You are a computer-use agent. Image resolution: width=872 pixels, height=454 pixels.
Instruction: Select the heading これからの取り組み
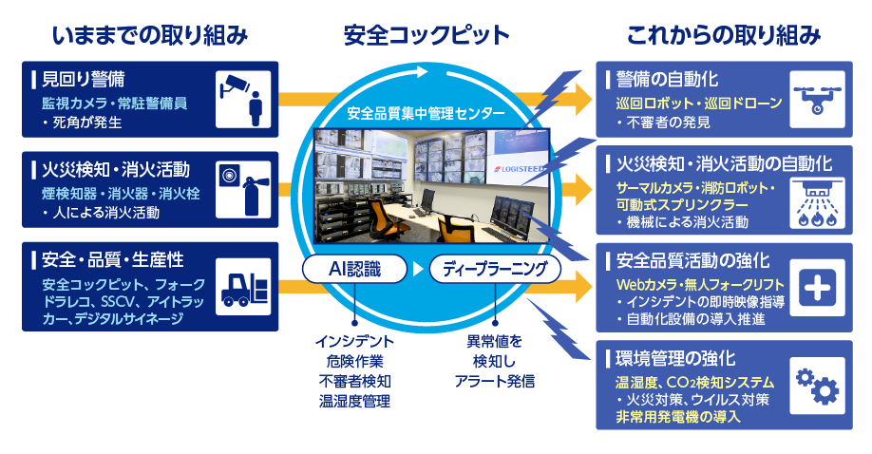tap(723, 35)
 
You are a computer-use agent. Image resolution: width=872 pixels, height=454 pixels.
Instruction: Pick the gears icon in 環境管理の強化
tap(815, 388)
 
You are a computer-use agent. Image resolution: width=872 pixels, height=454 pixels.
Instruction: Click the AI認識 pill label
tap(354, 269)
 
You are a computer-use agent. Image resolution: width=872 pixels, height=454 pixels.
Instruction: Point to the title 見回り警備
tap(85, 78)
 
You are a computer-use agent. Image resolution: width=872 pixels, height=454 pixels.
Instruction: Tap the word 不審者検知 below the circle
tap(355, 381)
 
